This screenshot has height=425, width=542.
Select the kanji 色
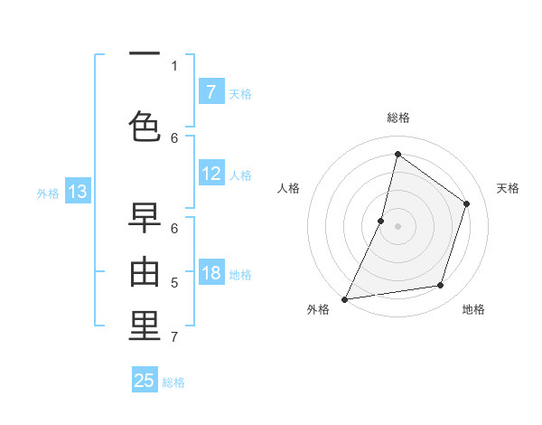145,126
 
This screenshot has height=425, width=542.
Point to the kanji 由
145,272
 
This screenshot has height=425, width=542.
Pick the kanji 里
145,326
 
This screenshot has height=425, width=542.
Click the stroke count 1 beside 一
174,65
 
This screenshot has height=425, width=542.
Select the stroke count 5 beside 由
174,283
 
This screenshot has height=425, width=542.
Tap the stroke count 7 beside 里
174,337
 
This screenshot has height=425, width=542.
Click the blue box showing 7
210,91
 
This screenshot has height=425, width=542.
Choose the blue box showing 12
210,174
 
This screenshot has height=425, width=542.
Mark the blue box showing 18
210,273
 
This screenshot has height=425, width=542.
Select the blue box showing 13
77,191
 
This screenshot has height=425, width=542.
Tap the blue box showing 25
145,381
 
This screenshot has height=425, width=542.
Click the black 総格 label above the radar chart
398,118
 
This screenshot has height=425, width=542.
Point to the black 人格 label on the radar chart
288,188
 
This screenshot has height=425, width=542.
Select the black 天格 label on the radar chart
508,188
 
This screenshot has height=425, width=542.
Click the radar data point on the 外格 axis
344,299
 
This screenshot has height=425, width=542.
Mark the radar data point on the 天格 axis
467,203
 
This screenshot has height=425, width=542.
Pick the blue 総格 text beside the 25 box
173,382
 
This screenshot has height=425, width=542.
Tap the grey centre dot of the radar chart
397,226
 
